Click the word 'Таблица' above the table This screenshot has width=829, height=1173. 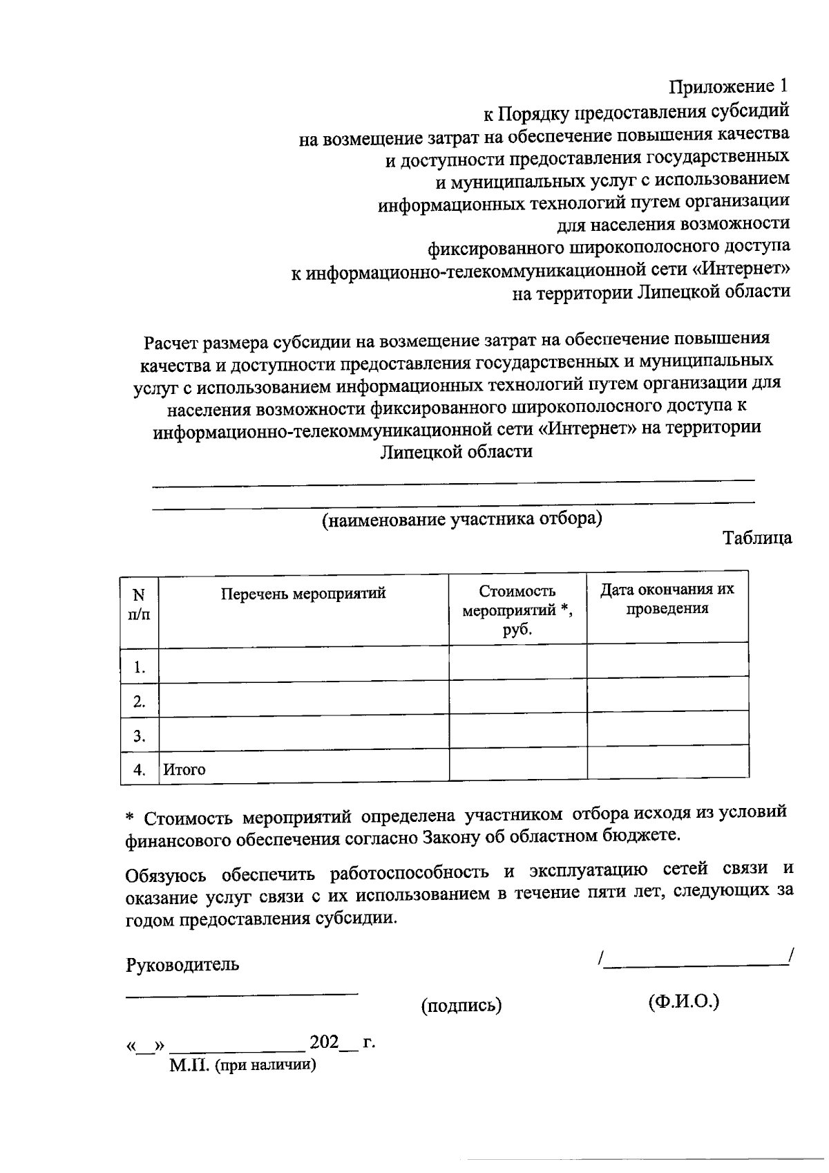757,538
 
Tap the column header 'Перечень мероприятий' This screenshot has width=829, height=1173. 303,593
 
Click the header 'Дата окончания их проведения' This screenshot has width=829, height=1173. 667,599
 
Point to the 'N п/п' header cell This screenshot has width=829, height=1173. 140,603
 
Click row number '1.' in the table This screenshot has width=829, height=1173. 140,668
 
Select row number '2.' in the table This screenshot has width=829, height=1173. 140,702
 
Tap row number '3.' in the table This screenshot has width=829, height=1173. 140,736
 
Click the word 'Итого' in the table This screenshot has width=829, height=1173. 184,769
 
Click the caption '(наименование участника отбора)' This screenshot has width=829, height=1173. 461,519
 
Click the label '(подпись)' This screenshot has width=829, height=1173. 461,1006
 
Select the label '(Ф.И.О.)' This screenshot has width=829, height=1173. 683,1002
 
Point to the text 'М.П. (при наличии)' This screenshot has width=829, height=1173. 242,1065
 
